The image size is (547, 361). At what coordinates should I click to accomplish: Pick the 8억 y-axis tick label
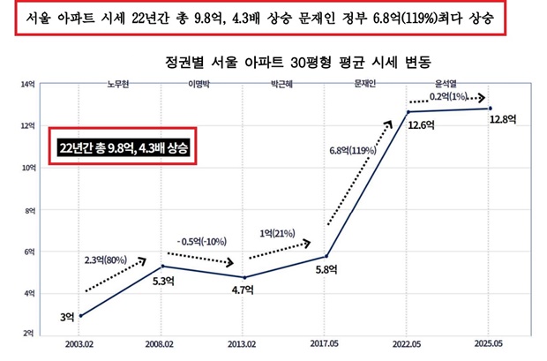pyautogui.click(x=29, y=210)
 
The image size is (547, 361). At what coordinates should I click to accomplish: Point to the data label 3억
pyautogui.click(x=67, y=317)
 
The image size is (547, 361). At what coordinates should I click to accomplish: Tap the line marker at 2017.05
pyautogui.click(x=326, y=257)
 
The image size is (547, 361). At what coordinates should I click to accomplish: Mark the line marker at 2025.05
pyautogui.click(x=489, y=109)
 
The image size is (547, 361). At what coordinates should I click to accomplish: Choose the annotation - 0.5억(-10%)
pyautogui.click(x=201, y=240)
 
